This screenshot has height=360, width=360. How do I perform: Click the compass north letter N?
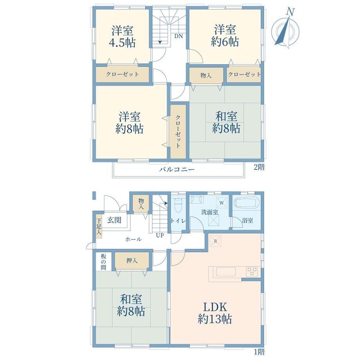pyautogui.click(x=291, y=12)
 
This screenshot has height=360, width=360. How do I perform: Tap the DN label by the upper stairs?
pyautogui.click(x=178, y=36)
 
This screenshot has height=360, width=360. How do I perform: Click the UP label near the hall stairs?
pyautogui.click(x=160, y=235)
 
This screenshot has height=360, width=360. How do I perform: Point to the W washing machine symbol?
pyautogui.click(x=222, y=203)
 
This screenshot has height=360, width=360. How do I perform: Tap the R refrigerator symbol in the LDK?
pyautogui.click(x=215, y=241)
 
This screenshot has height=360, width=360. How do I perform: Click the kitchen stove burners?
pyautogui.click(x=252, y=272)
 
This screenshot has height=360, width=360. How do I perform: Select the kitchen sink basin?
pyautogui.click(x=226, y=272)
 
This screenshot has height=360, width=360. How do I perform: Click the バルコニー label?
pyautogui.click(x=177, y=170)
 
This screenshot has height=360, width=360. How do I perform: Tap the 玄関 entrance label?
pyautogui.click(x=114, y=220)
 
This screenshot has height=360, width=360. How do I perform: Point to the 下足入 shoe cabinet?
pyautogui.click(x=99, y=227)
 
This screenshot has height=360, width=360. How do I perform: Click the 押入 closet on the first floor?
pyautogui.click(x=132, y=261)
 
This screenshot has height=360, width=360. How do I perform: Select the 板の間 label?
pyautogui.click(x=104, y=261)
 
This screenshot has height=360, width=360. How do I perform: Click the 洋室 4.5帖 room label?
pyautogui.click(x=122, y=37)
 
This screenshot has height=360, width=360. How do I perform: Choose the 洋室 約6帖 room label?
pyautogui.click(x=225, y=36)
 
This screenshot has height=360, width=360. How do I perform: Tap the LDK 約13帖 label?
pyautogui.click(x=215, y=313)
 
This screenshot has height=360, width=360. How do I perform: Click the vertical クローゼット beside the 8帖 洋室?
pyautogui.click(x=178, y=131)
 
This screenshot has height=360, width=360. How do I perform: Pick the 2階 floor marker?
pyautogui.click(x=259, y=167)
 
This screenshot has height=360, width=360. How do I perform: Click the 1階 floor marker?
pyautogui.click(x=259, y=352)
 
